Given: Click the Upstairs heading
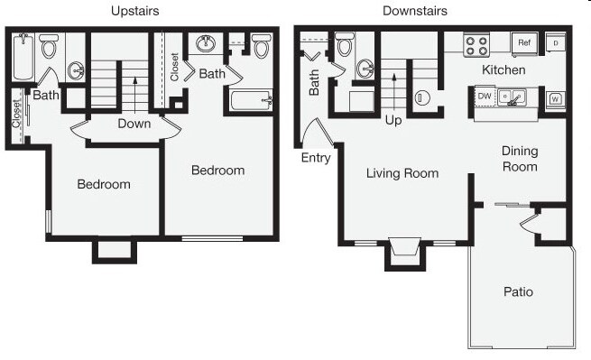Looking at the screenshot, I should click(x=136, y=11).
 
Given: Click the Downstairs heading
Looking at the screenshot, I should click(x=414, y=11).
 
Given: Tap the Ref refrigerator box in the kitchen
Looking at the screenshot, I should click(x=523, y=42).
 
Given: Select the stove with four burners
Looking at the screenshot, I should click(x=476, y=44).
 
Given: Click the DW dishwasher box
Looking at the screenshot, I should click(x=485, y=95).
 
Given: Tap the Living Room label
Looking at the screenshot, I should click(x=402, y=173).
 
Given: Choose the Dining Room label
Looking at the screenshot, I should click(x=519, y=159).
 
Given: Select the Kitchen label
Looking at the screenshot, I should click(x=503, y=69).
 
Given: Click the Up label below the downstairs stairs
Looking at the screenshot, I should click(x=394, y=119).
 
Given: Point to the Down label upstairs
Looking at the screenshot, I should click(x=134, y=125).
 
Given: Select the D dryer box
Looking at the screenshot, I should click(x=556, y=42).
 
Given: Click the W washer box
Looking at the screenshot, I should click(x=554, y=97).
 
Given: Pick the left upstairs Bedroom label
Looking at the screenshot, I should click(x=104, y=184).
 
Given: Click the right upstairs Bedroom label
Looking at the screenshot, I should click(x=218, y=170).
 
